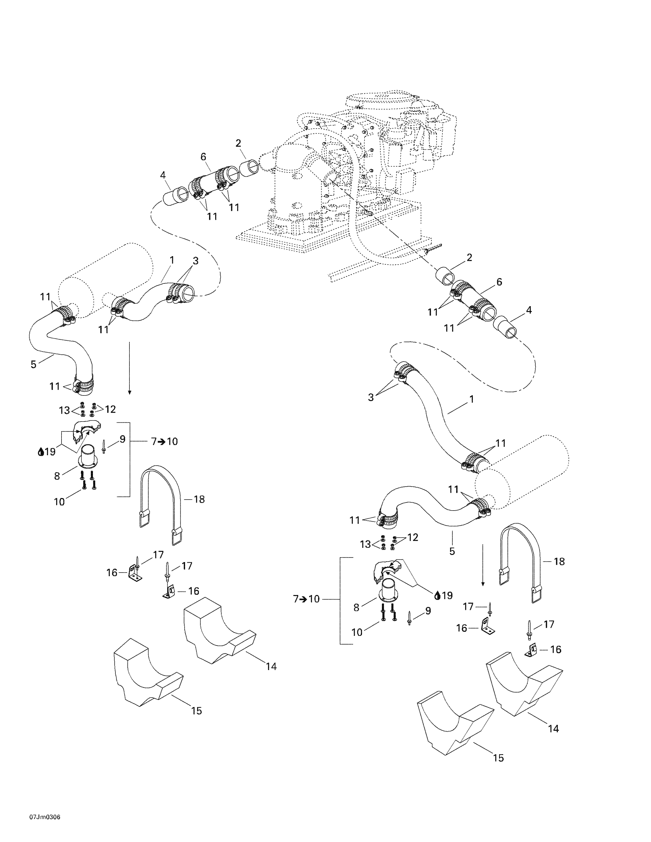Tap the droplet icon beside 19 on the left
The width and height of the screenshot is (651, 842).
coord(40,452)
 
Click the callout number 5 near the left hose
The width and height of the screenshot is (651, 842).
coord(33,364)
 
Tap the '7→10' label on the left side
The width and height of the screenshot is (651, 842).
coord(164,441)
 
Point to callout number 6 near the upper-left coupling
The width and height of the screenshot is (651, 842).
coord(203,157)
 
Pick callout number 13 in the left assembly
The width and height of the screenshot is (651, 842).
coord(64,410)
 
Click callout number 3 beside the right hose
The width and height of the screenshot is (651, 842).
coord(371,397)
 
